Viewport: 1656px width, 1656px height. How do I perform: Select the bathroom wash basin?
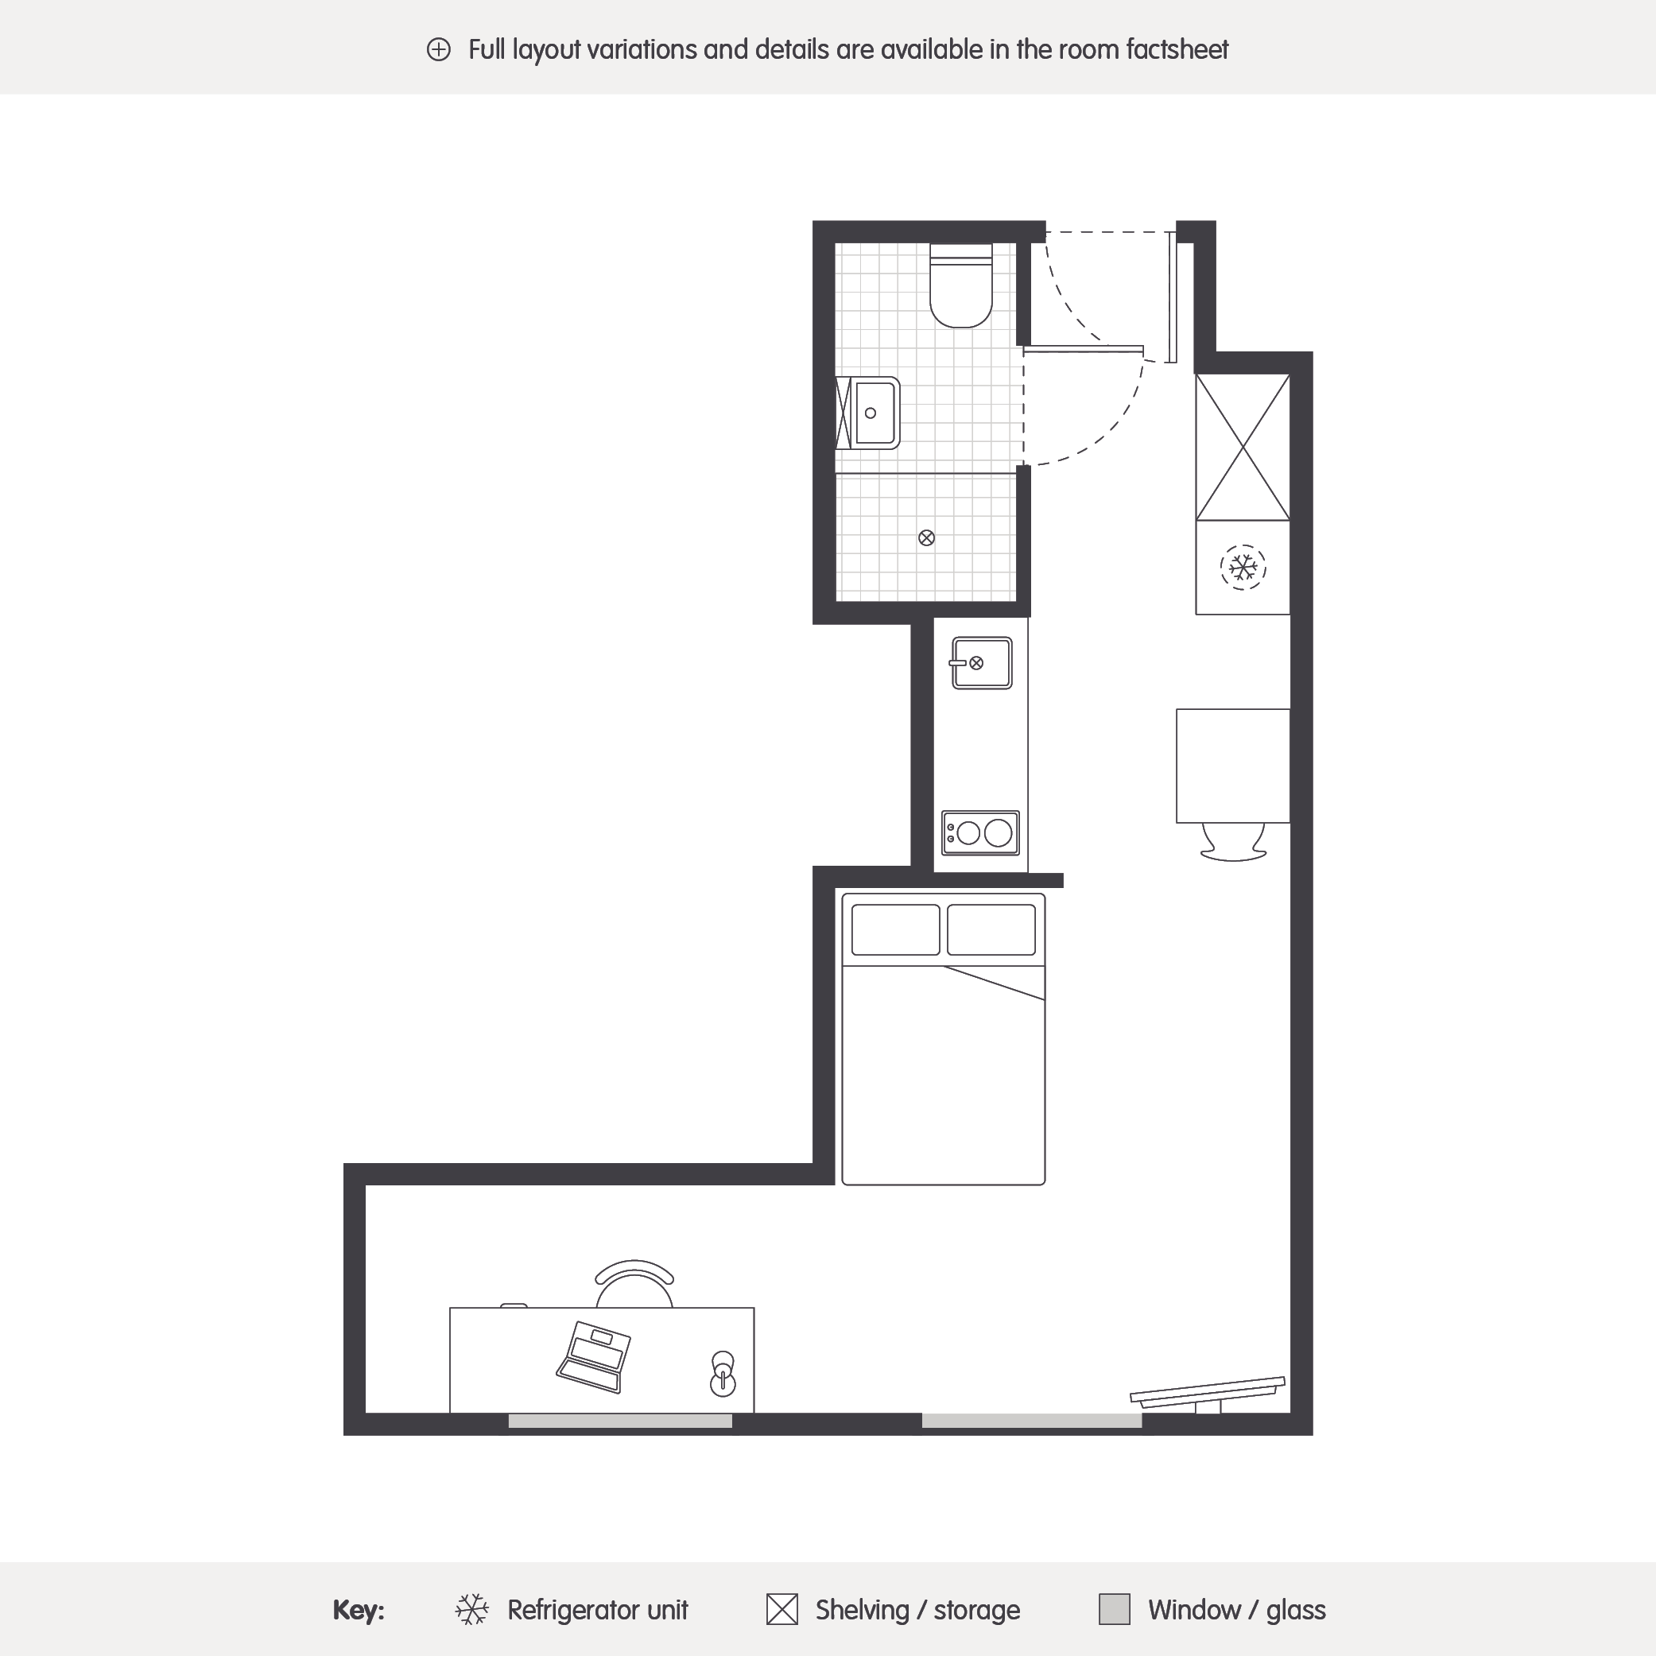point(868,413)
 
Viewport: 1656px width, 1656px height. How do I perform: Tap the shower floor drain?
point(925,538)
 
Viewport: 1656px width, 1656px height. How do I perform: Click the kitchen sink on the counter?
point(981,662)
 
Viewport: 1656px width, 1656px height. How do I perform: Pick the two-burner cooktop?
point(980,832)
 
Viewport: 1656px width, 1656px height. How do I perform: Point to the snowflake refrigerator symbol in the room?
point(1243,568)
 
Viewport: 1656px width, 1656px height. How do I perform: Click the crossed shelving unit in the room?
point(1243,447)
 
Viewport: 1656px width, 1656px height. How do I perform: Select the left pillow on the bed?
point(896,929)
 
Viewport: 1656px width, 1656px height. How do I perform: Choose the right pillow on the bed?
point(991,929)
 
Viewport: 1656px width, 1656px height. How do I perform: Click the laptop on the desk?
point(594,1357)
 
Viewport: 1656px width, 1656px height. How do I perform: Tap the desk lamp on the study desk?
point(723,1374)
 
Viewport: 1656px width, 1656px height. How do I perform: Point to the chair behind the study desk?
point(634,1283)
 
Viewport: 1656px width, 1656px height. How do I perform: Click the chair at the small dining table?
point(1233,841)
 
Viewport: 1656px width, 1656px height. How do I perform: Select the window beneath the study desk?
point(620,1421)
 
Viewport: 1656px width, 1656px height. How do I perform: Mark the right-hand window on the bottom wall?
point(1031,1421)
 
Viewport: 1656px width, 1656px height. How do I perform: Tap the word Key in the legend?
point(359,1611)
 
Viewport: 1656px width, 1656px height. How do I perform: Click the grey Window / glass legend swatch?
point(1115,1609)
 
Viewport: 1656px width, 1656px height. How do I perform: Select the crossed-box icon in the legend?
point(781,1609)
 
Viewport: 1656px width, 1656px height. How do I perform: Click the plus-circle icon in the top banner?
point(438,50)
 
